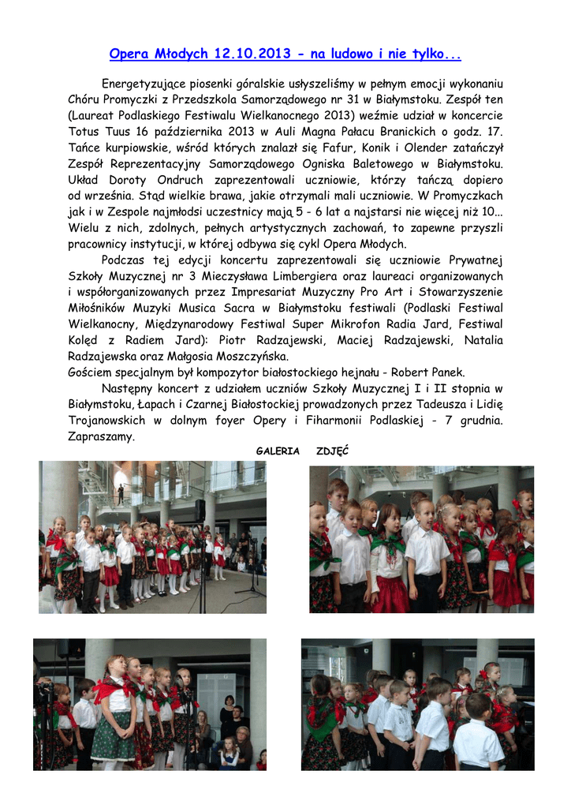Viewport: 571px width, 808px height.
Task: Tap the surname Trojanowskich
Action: click(106, 420)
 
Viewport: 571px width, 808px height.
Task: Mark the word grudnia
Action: click(477, 420)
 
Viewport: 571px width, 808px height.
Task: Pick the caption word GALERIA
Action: click(278, 451)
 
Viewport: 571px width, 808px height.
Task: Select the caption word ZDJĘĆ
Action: click(332, 451)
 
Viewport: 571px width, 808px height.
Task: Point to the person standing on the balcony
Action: click(120, 495)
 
